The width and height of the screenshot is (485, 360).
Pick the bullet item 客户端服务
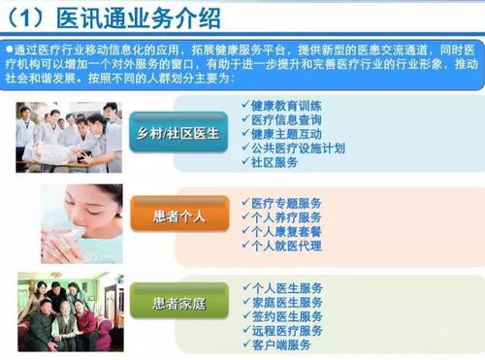tap(283, 345)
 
